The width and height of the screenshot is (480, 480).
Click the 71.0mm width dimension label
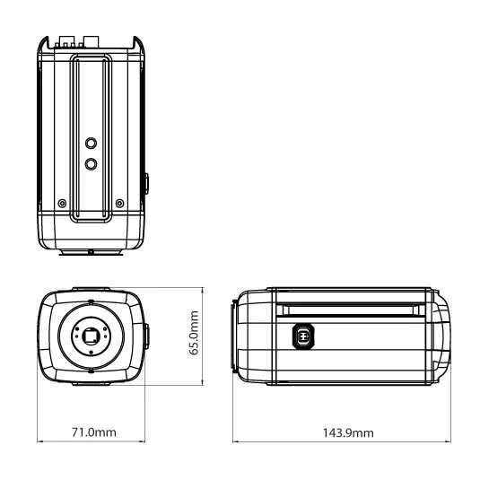[94, 432]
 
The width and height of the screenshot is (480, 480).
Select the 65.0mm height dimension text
[195, 334]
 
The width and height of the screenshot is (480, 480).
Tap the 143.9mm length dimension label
[348, 432]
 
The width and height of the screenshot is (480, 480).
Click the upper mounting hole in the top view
[91, 143]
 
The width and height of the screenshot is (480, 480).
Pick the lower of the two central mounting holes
[91, 163]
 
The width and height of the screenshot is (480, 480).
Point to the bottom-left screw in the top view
[61, 203]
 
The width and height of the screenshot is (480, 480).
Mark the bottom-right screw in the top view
[120, 203]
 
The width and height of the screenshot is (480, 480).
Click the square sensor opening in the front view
[92, 337]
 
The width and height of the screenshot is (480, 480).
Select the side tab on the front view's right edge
[146, 338]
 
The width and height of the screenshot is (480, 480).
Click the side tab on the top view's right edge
[146, 184]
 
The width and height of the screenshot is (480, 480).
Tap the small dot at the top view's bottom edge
[91, 251]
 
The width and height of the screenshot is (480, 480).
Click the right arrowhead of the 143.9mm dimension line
[449, 441]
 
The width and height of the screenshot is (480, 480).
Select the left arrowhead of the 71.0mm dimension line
[39, 441]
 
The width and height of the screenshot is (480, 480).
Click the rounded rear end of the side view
[443, 338]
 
